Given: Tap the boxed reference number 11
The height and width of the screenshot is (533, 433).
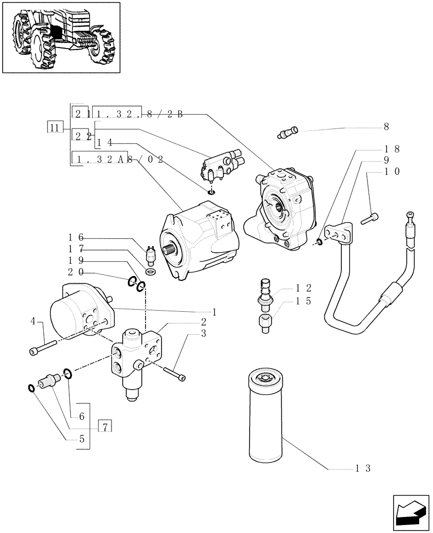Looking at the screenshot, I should point(54,127).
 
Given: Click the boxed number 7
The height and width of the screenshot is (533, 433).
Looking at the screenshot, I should point(105,426).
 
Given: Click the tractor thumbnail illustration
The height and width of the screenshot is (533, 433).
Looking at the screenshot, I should point(61,37).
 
